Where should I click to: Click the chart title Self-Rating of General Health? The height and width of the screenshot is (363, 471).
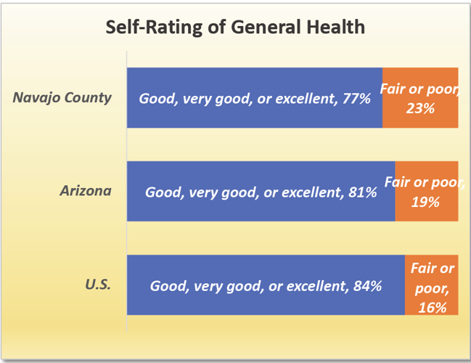[x=235, y=28]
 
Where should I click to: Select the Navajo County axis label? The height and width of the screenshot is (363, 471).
[x=62, y=97]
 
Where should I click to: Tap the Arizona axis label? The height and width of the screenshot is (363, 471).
[x=86, y=191]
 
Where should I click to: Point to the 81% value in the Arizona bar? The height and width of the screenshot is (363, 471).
[x=362, y=192]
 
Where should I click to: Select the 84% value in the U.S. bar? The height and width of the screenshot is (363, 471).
[x=366, y=286]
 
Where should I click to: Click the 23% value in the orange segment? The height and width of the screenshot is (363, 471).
[x=420, y=108]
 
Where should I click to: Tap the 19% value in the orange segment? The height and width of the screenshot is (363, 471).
[x=425, y=202]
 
